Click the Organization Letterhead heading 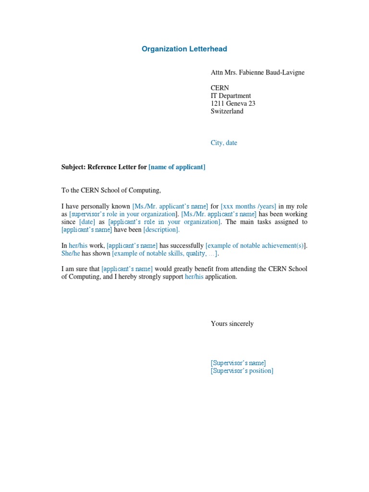(184, 49)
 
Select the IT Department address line (231, 96)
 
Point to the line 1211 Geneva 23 (233, 103)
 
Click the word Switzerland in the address (227, 111)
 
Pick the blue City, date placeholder (224, 143)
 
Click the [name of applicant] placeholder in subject (177, 167)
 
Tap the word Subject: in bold (74, 167)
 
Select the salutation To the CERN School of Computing (111, 190)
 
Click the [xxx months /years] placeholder (248, 206)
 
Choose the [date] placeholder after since (87, 221)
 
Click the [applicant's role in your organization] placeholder (164, 221)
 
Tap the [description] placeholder (161, 230)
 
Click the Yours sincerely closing (232, 323)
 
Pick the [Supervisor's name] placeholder (238, 363)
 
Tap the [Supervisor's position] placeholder (242, 370)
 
